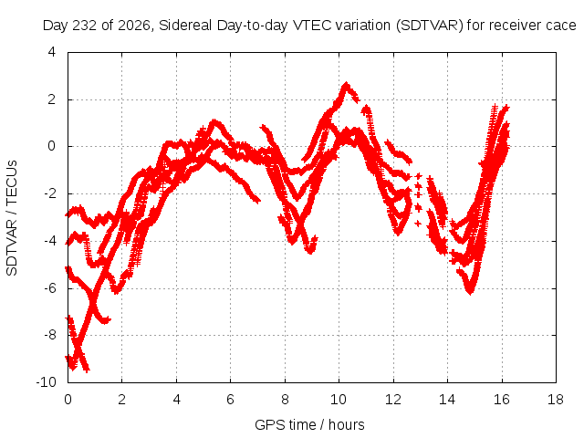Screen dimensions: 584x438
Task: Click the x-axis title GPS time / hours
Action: pyautogui.click(x=309, y=425)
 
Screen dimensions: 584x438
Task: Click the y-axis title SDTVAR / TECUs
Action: pyautogui.click(x=12, y=218)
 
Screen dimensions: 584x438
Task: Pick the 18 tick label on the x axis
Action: pyautogui.click(x=556, y=400)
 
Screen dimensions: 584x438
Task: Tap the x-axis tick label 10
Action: pyautogui.click(x=339, y=400)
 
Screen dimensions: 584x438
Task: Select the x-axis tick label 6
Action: pyautogui.click(x=230, y=400)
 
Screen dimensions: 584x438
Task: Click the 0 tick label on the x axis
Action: pyautogui.click(x=68, y=400)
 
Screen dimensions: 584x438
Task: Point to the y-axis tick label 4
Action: pyautogui.click(x=51, y=52)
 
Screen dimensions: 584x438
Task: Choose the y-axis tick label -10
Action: pyautogui.click(x=46, y=382)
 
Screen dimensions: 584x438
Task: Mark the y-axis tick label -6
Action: pyautogui.click(x=49, y=288)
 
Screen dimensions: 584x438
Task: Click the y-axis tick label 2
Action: pyautogui.click(x=51, y=99)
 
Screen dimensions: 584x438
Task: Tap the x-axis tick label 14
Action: pyautogui.click(x=446, y=400)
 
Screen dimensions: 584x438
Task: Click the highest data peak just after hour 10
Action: pyautogui.click(x=347, y=85)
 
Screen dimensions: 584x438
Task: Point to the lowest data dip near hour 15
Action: pyautogui.click(x=470, y=291)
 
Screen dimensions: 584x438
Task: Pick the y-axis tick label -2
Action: pyautogui.click(x=49, y=193)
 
